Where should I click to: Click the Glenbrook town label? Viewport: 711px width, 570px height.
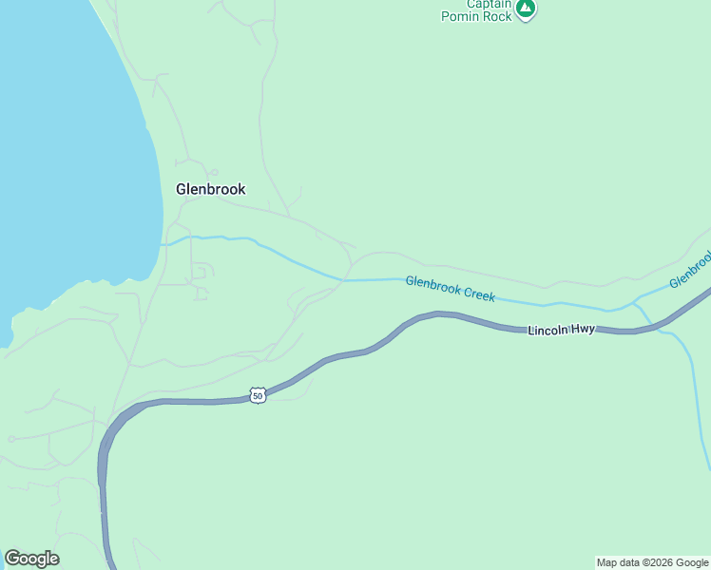click(210, 189)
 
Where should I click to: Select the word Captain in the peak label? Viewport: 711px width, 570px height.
click(490, 4)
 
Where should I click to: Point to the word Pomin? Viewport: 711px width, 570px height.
click(462, 17)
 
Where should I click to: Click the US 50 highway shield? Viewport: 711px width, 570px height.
click(257, 395)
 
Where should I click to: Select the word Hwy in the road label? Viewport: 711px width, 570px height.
click(583, 330)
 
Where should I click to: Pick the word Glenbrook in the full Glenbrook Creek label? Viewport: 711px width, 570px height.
click(433, 285)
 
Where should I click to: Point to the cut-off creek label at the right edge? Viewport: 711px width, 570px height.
click(690, 269)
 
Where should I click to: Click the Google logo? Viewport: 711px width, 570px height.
click(31, 559)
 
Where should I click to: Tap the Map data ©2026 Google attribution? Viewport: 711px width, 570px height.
click(652, 562)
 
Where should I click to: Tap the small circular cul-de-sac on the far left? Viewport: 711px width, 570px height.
click(10, 439)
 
